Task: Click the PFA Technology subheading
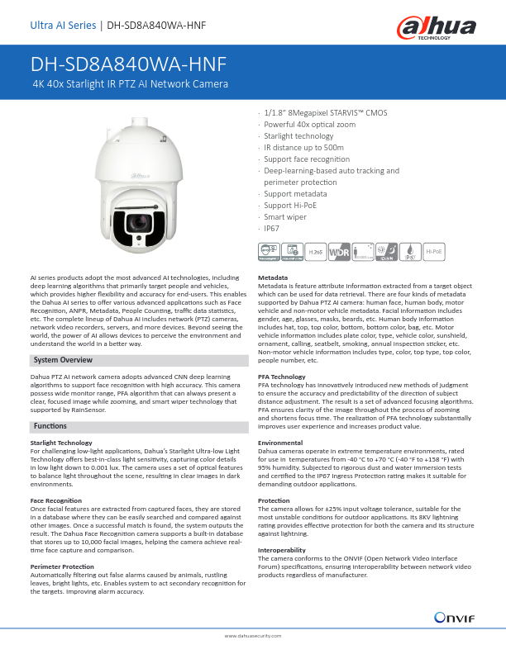[x=282, y=377]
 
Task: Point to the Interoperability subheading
[x=282, y=550]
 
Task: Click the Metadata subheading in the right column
[x=274, y=277]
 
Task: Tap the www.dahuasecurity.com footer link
[x=253, y=637]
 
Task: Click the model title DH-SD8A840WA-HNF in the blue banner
[x=128, y=65]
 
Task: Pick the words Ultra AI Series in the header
[x=62, y=25]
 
